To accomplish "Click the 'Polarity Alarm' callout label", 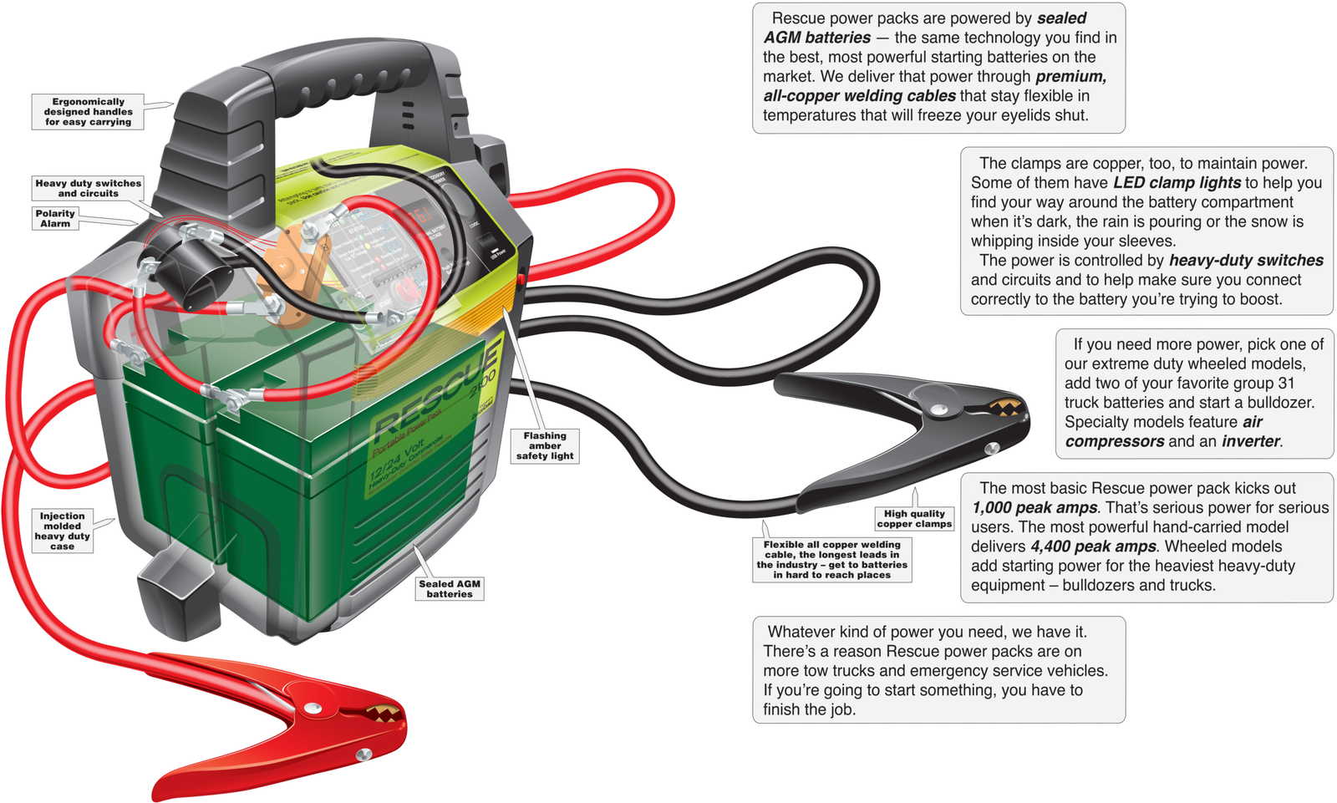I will [x=55, y=219].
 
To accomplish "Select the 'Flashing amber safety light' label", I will [x=545, y=446].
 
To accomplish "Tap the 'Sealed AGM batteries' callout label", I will [x=450, y=589].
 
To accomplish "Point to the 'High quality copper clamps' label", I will [x=914, y=519].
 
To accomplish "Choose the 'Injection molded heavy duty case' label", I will [x=62, y=531].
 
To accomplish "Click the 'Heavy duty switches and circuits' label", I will [x=88, y=188].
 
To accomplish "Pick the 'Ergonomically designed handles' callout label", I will [x=88, y=112].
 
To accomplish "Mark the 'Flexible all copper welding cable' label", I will [x=831, y=559].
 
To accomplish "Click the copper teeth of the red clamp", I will [x=383, y=713].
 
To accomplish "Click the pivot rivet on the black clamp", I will [x=939, y=410].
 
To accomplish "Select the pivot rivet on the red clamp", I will [x=313, y=709].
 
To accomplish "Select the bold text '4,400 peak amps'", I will [x=1093, y=546].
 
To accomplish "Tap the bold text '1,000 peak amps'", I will [x=1035, y=508].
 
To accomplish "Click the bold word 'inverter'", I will [x=1251, y=441].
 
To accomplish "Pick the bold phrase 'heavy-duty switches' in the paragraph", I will [x=1245, y=261].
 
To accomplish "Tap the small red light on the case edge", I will [x=521, y=281].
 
